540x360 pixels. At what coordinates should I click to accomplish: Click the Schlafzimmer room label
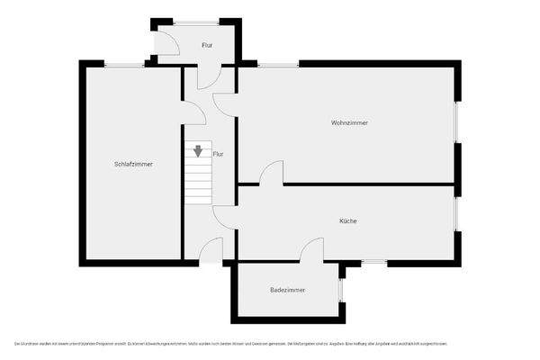(133, 164)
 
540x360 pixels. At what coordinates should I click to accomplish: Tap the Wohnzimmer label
(349, 122)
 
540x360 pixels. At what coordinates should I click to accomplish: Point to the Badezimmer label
(287, 290)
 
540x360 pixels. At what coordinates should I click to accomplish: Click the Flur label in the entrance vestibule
(207, 44)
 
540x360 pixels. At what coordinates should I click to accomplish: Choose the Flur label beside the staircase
(218, 154)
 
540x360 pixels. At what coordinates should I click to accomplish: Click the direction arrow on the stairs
(197, 150)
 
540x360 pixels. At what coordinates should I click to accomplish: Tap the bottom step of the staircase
(197, 200)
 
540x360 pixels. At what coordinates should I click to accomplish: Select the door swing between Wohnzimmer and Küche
(273, 173)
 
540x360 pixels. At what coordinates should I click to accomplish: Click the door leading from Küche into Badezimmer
(312, 250)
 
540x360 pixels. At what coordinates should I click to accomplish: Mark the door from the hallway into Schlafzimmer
(193, 112)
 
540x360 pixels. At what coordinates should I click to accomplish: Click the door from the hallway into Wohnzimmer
(226, 103)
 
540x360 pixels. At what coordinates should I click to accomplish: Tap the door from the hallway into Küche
(225, 216)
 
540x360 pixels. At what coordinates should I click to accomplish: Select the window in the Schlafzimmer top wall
(124, 64)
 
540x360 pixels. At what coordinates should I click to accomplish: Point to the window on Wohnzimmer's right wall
(457, 121)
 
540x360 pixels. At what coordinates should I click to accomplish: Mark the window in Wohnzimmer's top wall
(278, 64)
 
